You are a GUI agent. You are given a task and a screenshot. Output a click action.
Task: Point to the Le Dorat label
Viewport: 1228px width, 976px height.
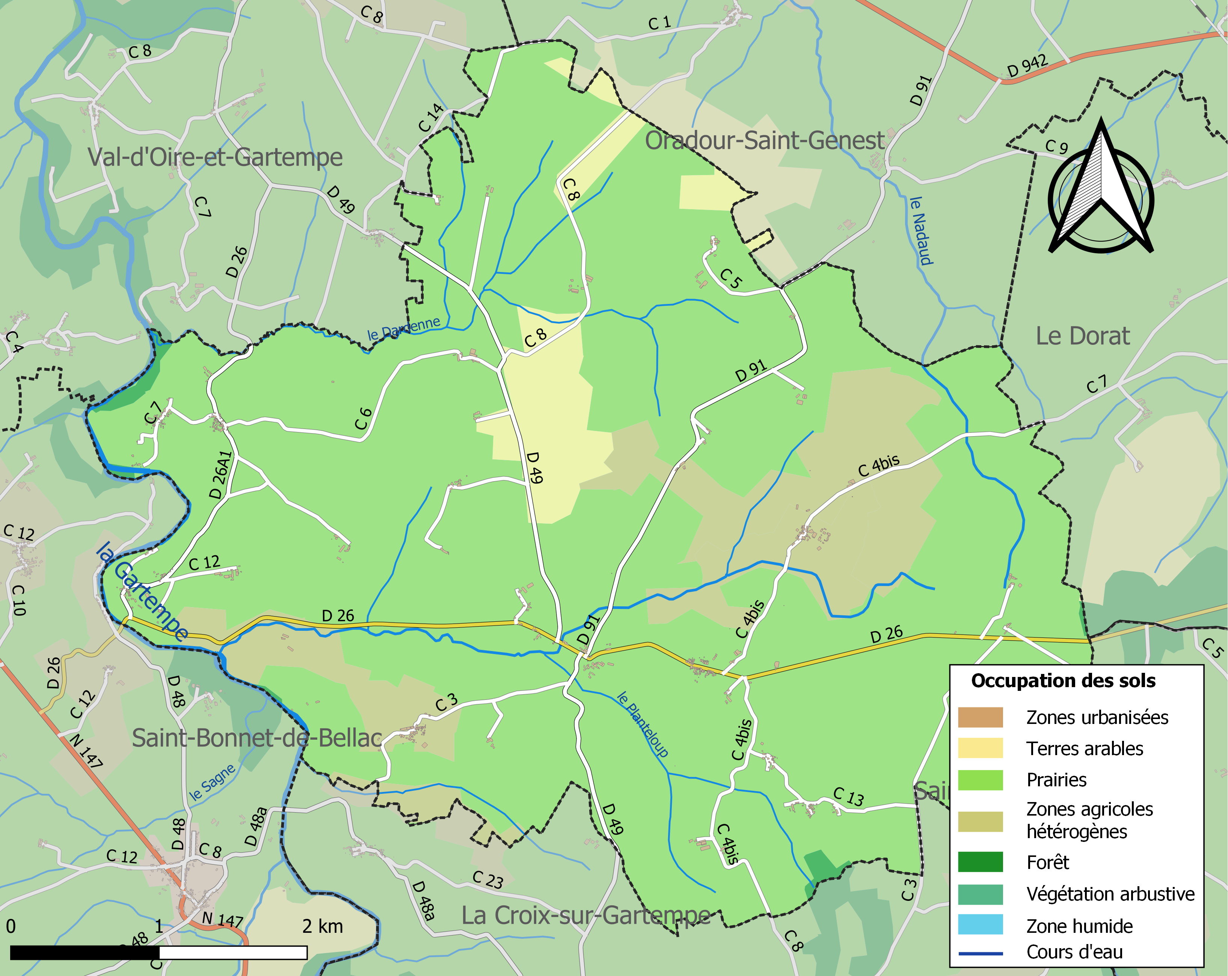point(1082,336)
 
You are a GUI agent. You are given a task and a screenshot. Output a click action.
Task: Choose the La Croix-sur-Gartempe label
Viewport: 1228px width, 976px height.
point(585,916)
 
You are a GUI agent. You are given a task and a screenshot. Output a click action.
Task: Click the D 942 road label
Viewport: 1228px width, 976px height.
point(1027,66)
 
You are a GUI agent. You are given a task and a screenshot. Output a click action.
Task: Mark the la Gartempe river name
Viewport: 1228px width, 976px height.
point(142,592)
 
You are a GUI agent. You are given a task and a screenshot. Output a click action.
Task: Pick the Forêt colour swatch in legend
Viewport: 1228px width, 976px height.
point(980,862)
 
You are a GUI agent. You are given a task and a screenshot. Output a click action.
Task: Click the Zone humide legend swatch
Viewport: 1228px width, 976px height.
point(980,925)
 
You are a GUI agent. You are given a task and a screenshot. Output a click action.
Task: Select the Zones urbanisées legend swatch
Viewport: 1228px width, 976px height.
point(980,717)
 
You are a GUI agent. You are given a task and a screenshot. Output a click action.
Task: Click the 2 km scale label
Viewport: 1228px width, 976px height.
point(322,926)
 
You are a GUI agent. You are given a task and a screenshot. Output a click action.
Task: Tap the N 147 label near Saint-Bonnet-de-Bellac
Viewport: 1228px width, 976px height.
point(87,750)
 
